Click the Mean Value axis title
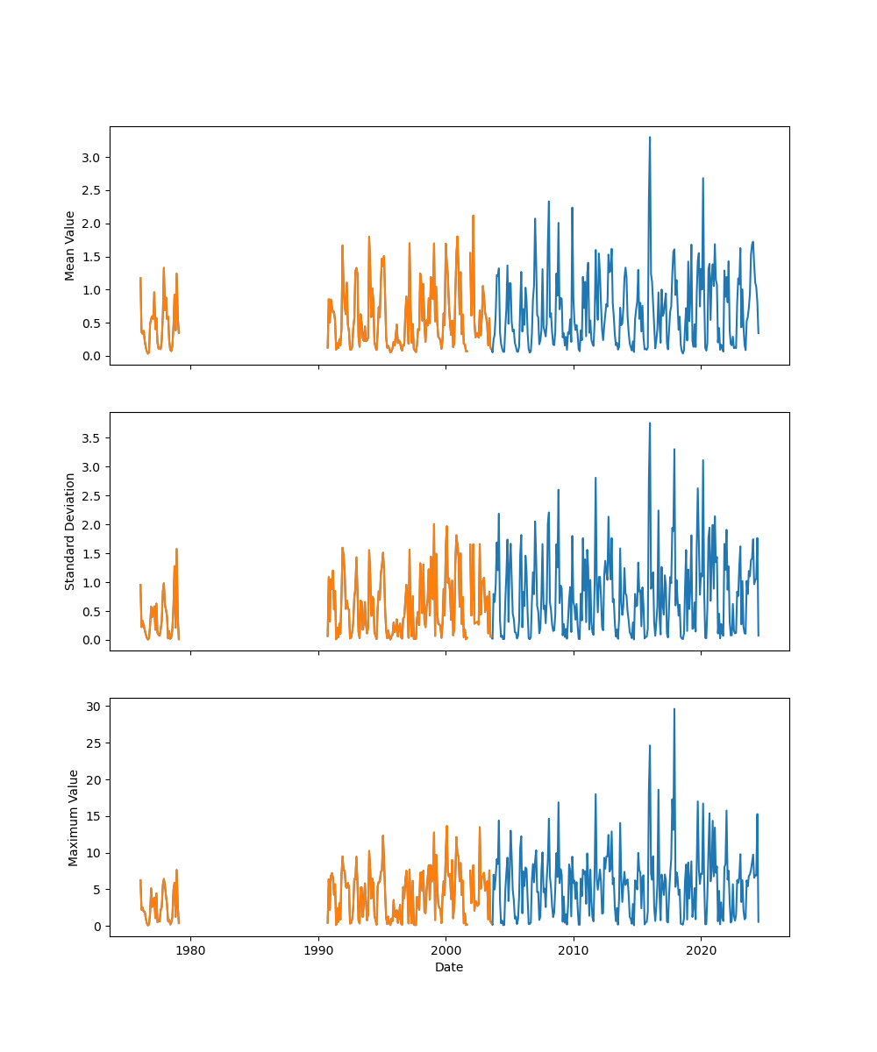coord(69,245)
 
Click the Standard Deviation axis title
coord(69,531)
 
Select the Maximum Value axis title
coord(74,817)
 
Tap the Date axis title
coord(449,968)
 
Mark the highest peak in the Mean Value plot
coord(650,138)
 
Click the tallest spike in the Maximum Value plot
coord(674,709)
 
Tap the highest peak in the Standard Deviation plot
coord(650,423)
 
